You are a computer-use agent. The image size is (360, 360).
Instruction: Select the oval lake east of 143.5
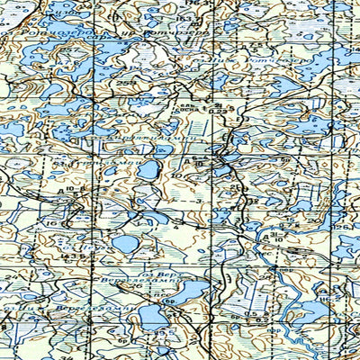[x=126, y=243]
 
